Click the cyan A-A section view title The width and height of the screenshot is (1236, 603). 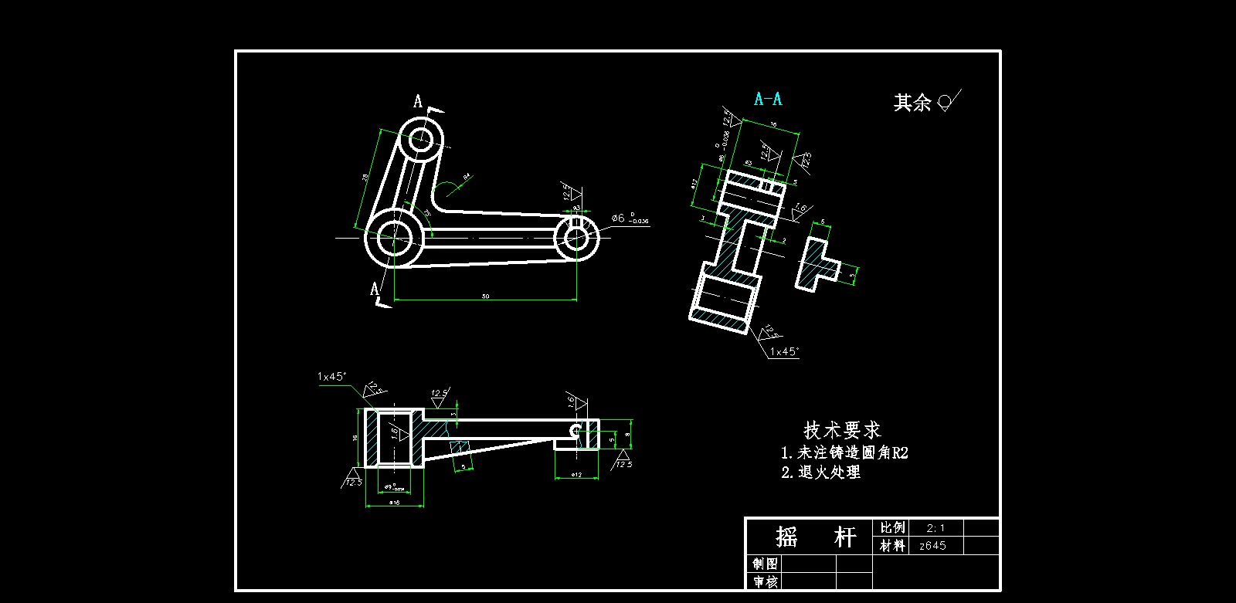[x=768, y=99]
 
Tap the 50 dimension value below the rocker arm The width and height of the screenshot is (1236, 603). [x=485, y=296]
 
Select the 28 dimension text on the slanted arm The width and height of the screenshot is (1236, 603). [x=365, y=178]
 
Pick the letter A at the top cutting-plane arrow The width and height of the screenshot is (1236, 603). [x=418, y=102]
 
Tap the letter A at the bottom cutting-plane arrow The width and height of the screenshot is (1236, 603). [x=375, y=290]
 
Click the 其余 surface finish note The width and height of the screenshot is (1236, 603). [x=912, y=103]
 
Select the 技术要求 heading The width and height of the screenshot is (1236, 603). [x=842, y=430]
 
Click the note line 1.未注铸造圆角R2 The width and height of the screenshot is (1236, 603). [x=844, y=452]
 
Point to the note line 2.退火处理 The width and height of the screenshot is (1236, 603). [x=820, y=473]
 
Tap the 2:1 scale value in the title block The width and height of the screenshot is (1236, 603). [x=935, y=528]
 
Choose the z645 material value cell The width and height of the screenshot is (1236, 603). [x=932, y=546]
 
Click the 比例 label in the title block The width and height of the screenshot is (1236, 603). [x=892, y=528]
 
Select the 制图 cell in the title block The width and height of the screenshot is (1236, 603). [x=765, y=563]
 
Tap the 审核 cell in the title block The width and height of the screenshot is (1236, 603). [x=765, y=581]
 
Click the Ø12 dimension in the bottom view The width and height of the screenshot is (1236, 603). [x=576, y=475]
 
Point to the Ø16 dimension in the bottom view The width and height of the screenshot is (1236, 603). [x=394, y=503]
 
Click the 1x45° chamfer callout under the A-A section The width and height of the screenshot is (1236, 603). [x=784, y=352]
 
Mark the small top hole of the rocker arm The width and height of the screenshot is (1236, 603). [x=421, y=141]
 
